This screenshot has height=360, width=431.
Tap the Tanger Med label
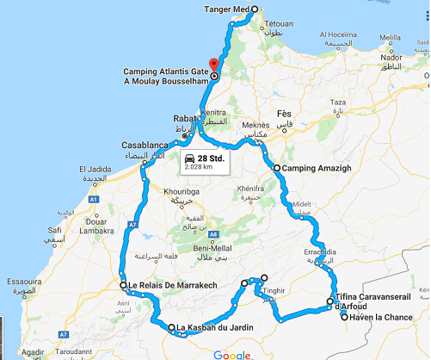[x=227, y=9]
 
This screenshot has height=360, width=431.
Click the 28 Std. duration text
[x=211, y=158]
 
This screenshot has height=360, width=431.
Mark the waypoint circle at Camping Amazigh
[x=277, y=169]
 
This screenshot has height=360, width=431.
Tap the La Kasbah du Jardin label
[x=216, y=328]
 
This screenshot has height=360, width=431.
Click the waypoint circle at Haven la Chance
[x=345, y=317]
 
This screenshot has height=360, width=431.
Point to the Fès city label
[x=285, y=115]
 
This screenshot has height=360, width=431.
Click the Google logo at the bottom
[x=231, y=354]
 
